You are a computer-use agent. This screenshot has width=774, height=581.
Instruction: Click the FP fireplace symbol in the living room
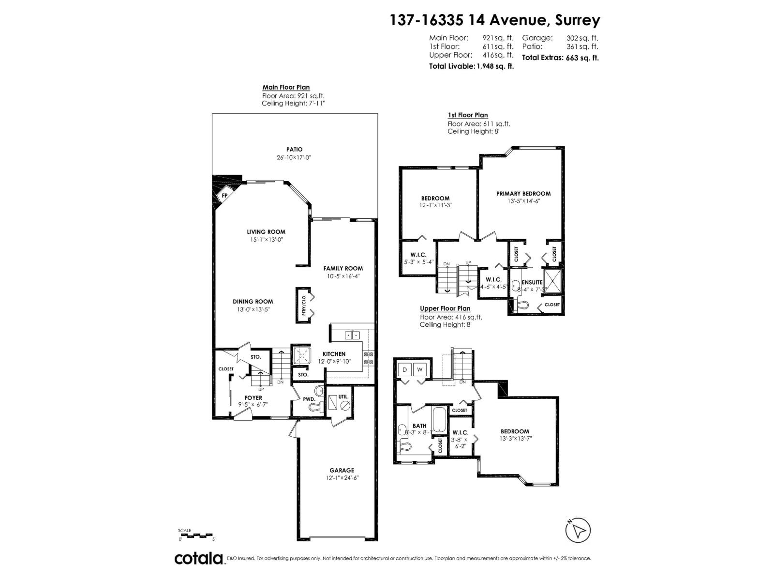(x=224, y=196)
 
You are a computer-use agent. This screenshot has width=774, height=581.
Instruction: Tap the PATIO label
(x=294, y=150)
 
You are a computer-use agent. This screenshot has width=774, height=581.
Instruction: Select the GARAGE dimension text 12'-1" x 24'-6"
(x=342, y=477)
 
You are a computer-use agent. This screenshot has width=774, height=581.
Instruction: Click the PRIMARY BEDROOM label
(x=523, y=193)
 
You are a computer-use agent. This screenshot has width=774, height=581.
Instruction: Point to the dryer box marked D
(x=404, y=370)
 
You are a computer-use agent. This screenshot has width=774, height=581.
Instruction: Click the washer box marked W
(x=419, y=370)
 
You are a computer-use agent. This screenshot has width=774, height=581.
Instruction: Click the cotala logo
(x=198, y=558)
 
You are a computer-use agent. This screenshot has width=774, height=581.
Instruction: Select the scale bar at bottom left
(x=195, y=534)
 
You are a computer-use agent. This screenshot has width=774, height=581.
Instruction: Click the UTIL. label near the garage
(x=343, y=397)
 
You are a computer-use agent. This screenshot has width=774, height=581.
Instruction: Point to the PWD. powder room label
(x=309, y=399)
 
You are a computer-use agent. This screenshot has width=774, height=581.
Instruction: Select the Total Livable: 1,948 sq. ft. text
(x=471, y=66)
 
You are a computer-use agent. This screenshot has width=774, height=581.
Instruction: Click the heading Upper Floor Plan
(x=445, y=308)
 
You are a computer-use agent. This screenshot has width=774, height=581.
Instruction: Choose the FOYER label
(x=253, y=398)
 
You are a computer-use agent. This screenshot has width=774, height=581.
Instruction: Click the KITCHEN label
(x=334, y=354)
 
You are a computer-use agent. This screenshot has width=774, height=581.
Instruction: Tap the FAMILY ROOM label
(x=343, y=268)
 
